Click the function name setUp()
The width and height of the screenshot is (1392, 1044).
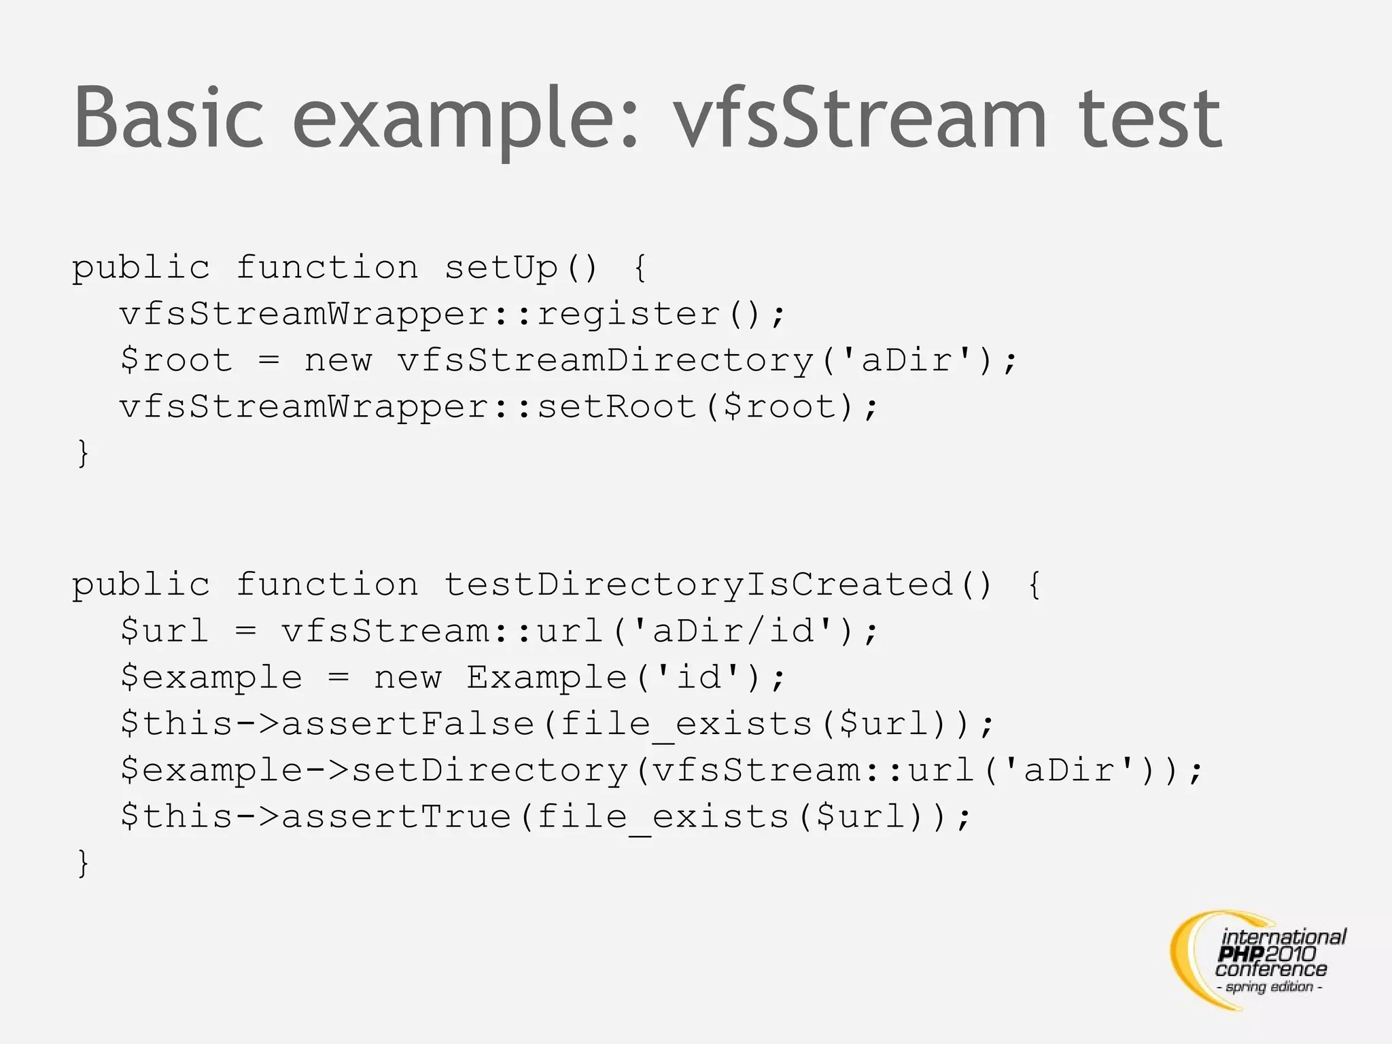[521, 267]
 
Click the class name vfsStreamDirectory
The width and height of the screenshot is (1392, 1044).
[606, 360]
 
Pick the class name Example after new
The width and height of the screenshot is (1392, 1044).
[546, 677]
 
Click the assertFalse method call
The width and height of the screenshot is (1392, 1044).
[408, 723]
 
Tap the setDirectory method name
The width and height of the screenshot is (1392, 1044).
[489, 769]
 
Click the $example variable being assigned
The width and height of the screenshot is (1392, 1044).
[211, 677]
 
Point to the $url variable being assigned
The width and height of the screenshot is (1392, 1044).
[164, 631]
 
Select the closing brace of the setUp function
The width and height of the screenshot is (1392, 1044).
[83, 453]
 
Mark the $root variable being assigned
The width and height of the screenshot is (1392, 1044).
[176, 360]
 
